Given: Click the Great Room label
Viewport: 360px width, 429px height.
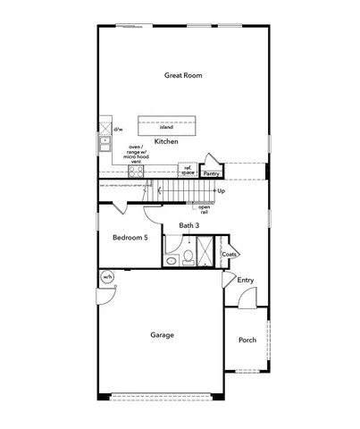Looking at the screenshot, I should [x=182, y=76].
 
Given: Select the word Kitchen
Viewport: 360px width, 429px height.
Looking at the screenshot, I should [x=167, y=142].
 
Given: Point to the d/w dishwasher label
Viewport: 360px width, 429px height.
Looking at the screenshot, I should [x=118, y=128].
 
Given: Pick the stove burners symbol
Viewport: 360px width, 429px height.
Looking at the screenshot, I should [x=137, y=172].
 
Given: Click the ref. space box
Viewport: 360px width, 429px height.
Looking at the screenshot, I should [x=188, y=169].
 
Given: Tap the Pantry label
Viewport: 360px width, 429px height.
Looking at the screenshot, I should [x=212, y=174].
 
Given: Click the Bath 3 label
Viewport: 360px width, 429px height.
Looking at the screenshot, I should [x=188, y=226].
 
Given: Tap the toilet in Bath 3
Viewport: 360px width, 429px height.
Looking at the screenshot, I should [x=188, y=257].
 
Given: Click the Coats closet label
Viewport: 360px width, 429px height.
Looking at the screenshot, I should [x=230, y=253].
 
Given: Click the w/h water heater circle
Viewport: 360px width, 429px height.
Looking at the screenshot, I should [x=107, y=277].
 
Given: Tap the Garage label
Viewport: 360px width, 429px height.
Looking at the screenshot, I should [x=163, y=335].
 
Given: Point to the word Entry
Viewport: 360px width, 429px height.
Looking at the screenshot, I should [x=246, y=281].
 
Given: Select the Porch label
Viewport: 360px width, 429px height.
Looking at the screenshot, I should [x=247, y=341].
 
